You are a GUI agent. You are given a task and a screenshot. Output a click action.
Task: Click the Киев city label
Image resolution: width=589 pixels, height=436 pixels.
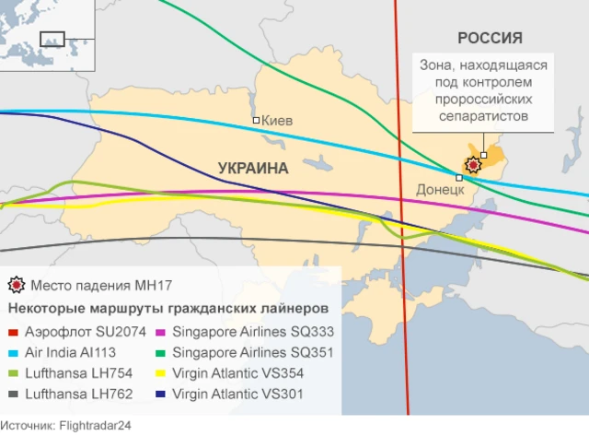click(280, 121)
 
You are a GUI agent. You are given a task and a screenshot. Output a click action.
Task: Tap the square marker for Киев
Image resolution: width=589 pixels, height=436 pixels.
click(257, 121)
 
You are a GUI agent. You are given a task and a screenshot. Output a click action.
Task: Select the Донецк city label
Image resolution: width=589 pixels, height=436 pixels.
click(440, 189)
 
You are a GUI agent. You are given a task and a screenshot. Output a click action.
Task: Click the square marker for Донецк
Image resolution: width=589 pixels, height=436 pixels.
click(459, 178)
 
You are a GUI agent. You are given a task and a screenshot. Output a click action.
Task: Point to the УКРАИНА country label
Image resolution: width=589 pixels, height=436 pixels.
click(253, 169)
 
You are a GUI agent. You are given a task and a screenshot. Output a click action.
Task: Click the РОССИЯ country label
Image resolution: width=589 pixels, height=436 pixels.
click(490, 38)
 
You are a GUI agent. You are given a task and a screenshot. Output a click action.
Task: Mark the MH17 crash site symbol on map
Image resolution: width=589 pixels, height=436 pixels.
click(473, 165)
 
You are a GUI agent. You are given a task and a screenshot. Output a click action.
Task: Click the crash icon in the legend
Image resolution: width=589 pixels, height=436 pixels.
click(16, 285)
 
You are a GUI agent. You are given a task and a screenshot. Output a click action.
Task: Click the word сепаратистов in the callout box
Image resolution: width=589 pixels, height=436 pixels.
click(484, 117)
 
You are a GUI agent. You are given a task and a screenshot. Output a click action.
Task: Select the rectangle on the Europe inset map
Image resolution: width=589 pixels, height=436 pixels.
click(52, 40)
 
